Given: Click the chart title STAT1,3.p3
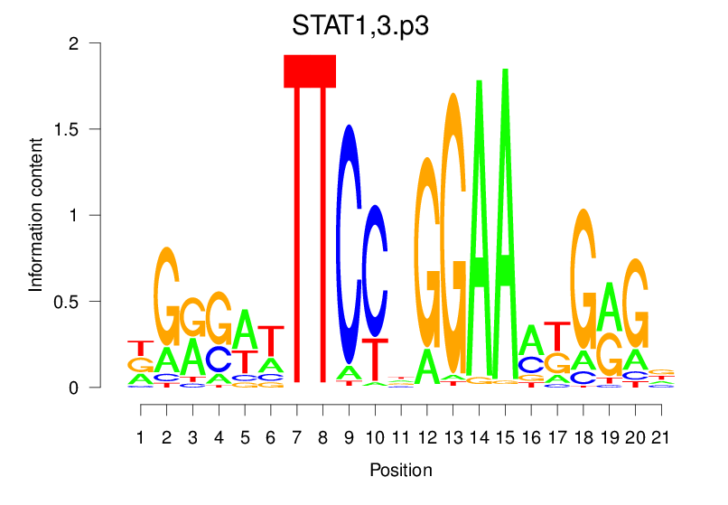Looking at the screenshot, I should (359, 25).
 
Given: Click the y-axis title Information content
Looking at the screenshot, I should (36, 214).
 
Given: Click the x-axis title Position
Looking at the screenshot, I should (400, 470).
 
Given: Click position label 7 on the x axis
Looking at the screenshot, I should (296, 438).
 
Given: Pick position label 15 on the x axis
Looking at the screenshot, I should (506, 438).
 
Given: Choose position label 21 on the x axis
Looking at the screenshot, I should (663, 438).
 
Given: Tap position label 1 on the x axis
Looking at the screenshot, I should (140, 438).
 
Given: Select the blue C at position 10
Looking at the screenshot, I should (374, 271).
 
